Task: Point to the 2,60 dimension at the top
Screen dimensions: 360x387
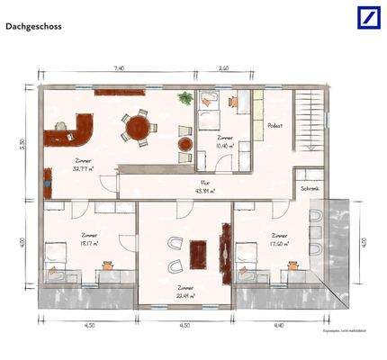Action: pyautogui.click(x=224, y=67)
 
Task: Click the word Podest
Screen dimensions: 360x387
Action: pyautogui.click(x=275, y=126)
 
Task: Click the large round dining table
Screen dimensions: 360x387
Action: pyautogui.click(x=138, y=128)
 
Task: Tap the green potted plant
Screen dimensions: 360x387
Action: pyautogui.click(x=185, y=97)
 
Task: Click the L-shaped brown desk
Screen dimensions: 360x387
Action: pyautogui.click(x=79, y=130)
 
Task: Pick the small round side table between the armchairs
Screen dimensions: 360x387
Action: pyautogui.click(x=184, y=143)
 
